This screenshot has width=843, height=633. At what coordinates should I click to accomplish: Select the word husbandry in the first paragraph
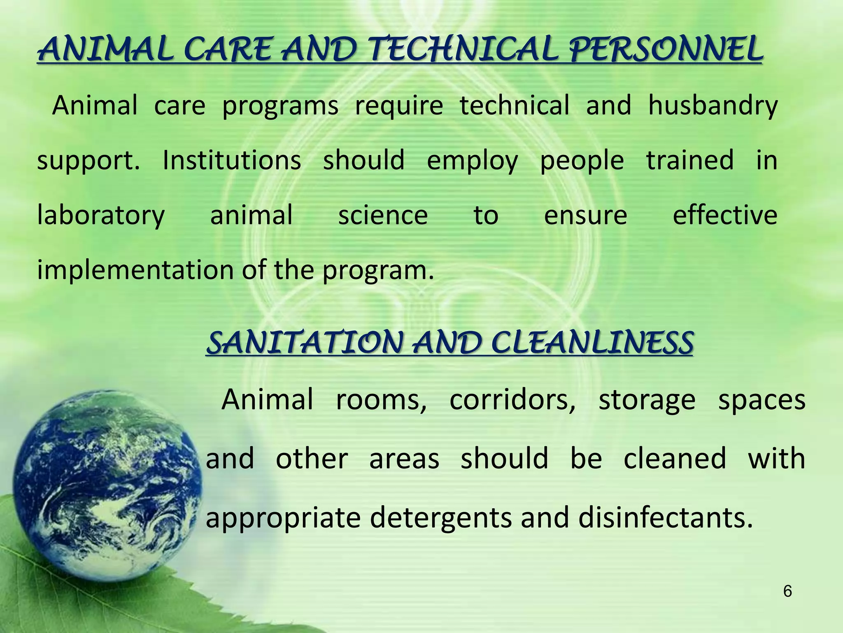(x=713, y=106)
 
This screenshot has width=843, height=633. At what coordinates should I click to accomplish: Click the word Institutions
(x=232, y=160)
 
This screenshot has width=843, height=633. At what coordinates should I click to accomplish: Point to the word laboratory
(x=101, y=216)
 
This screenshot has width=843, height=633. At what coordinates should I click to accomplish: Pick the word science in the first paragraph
(x=383, y=216)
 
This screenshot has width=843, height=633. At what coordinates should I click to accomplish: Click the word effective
(x=724, y=216)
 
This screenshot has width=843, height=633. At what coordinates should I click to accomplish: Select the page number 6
(x=787, y=592)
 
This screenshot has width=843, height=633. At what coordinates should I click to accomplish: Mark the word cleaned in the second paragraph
(x=675, y=459)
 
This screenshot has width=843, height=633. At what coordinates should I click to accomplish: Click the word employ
(x=472, y=161)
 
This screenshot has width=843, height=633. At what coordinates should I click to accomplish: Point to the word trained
(x=689, y=160)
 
